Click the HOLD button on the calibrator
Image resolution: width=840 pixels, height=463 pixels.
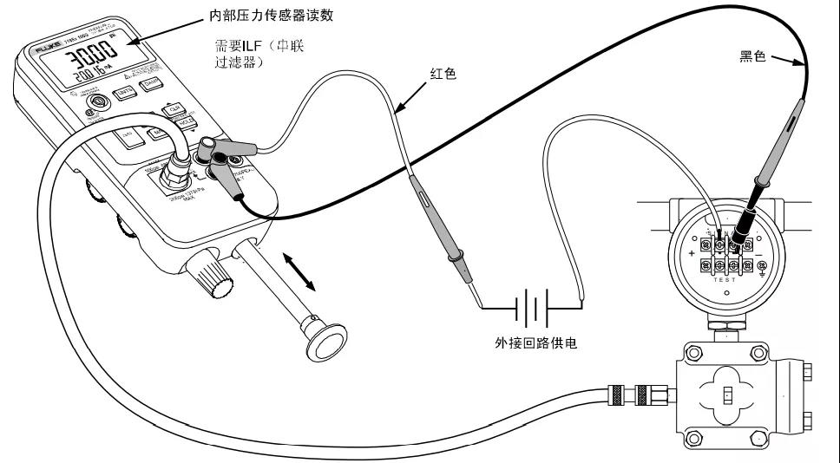click(x=184, y=122)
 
